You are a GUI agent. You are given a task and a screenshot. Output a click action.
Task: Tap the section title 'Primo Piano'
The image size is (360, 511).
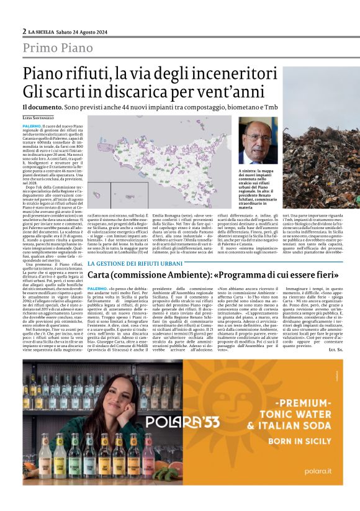(58, 48)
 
